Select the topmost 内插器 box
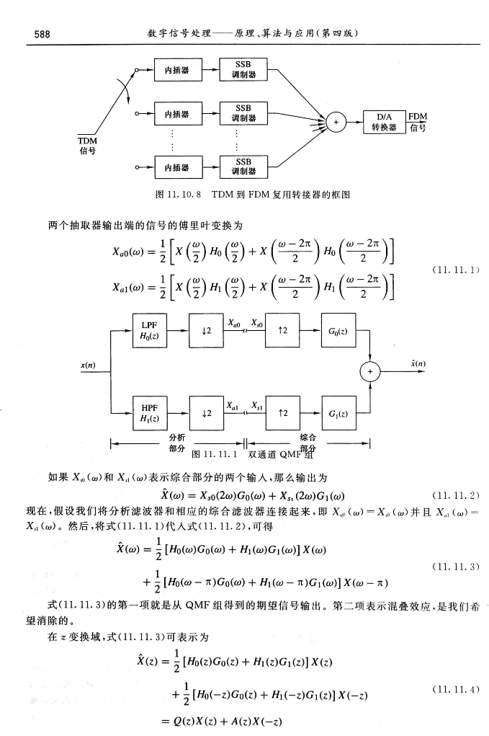tap(176, 70)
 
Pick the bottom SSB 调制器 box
tap(243, 167)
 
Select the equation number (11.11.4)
tap(454, 689)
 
